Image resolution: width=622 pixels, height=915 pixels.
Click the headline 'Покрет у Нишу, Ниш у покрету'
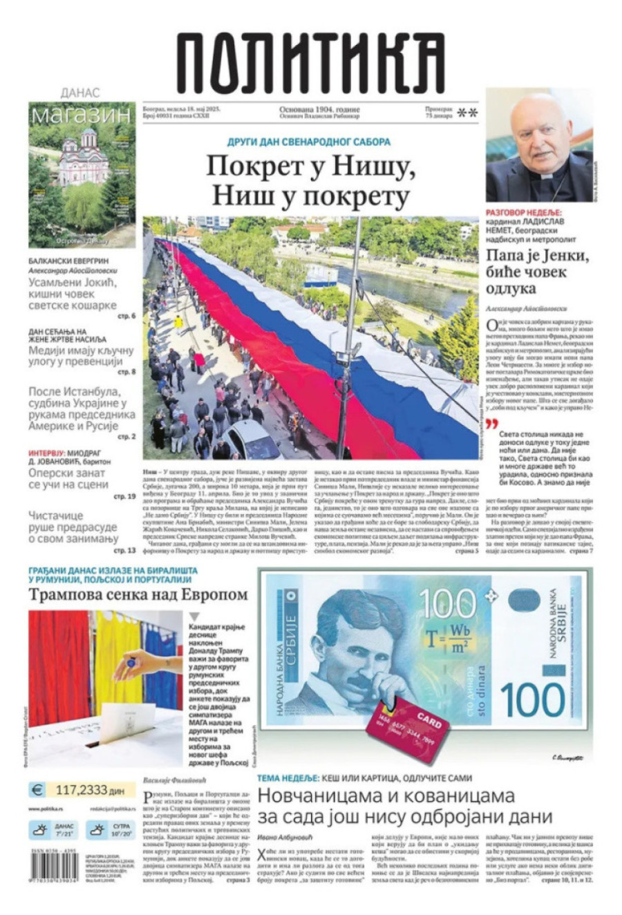tap(310, 181)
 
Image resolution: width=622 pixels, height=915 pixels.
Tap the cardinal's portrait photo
tap(539, 145)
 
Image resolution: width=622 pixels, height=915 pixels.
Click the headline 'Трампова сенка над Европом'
tap(138, 594)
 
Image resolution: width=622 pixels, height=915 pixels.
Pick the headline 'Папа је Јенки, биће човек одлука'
tap(537, 272)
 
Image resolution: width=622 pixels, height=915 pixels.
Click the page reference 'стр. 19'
tap(124, 496)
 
